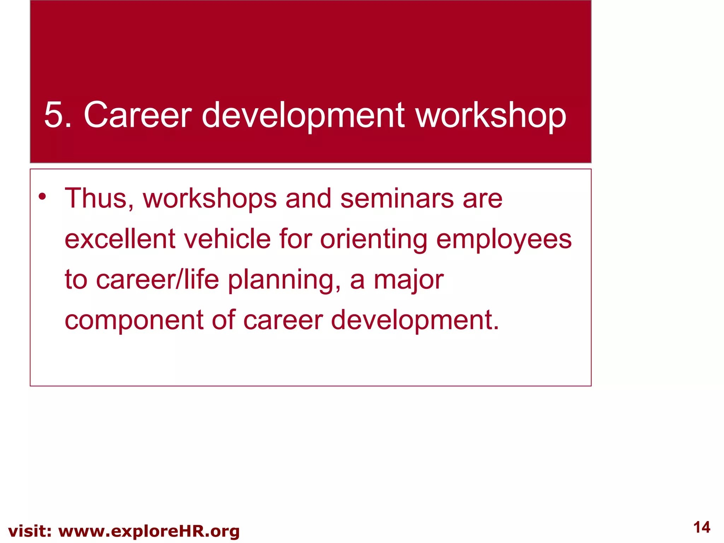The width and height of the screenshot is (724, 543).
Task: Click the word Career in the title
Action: click(138, 115)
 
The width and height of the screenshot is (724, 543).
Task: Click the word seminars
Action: click(397, 199)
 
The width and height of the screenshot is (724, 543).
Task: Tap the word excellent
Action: click(120, 239)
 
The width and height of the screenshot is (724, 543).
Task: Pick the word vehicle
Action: click(228, 239)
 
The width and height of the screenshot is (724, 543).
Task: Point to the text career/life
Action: click(158, 280)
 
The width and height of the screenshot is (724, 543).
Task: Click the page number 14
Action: click(701, 527)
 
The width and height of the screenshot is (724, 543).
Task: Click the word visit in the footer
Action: click(30, 531)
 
